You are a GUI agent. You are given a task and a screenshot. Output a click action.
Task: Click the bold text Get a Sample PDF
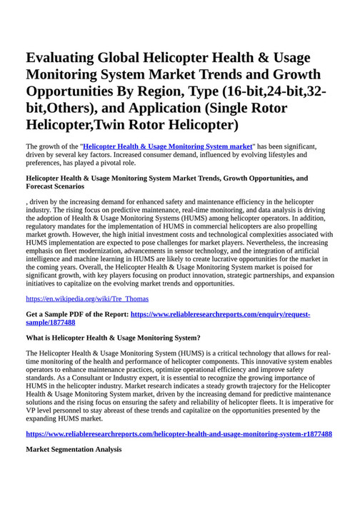pyautogui.click(x=61, y=314)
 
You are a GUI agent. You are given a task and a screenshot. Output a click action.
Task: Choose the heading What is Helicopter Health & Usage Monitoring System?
pyautogui.click(x=113, y=337)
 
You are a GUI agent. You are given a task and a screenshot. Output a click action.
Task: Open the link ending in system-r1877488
pyautogui.click(x=179, y=434)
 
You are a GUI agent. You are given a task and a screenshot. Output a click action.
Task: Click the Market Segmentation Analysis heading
pyautogui.click(x=74, y=450)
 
